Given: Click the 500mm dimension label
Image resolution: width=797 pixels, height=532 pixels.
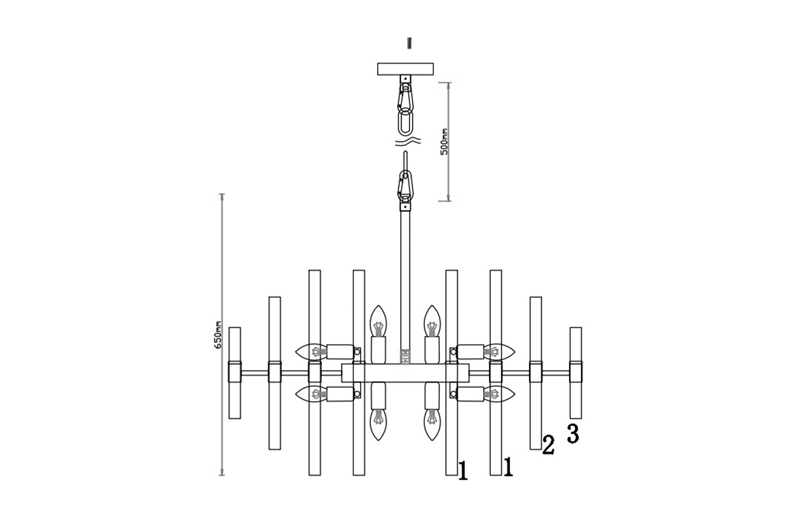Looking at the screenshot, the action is point(444,141).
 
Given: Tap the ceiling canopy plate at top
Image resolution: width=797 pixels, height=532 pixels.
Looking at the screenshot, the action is point(405,69).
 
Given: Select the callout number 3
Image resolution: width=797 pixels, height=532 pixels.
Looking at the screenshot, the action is point(573,433).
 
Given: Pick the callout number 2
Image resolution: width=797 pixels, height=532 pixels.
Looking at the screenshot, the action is point(548,445).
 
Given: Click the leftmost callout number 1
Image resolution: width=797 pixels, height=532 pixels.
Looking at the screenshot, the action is point(463,471).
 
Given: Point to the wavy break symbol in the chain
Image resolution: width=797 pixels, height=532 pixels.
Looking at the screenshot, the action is point(408,141).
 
